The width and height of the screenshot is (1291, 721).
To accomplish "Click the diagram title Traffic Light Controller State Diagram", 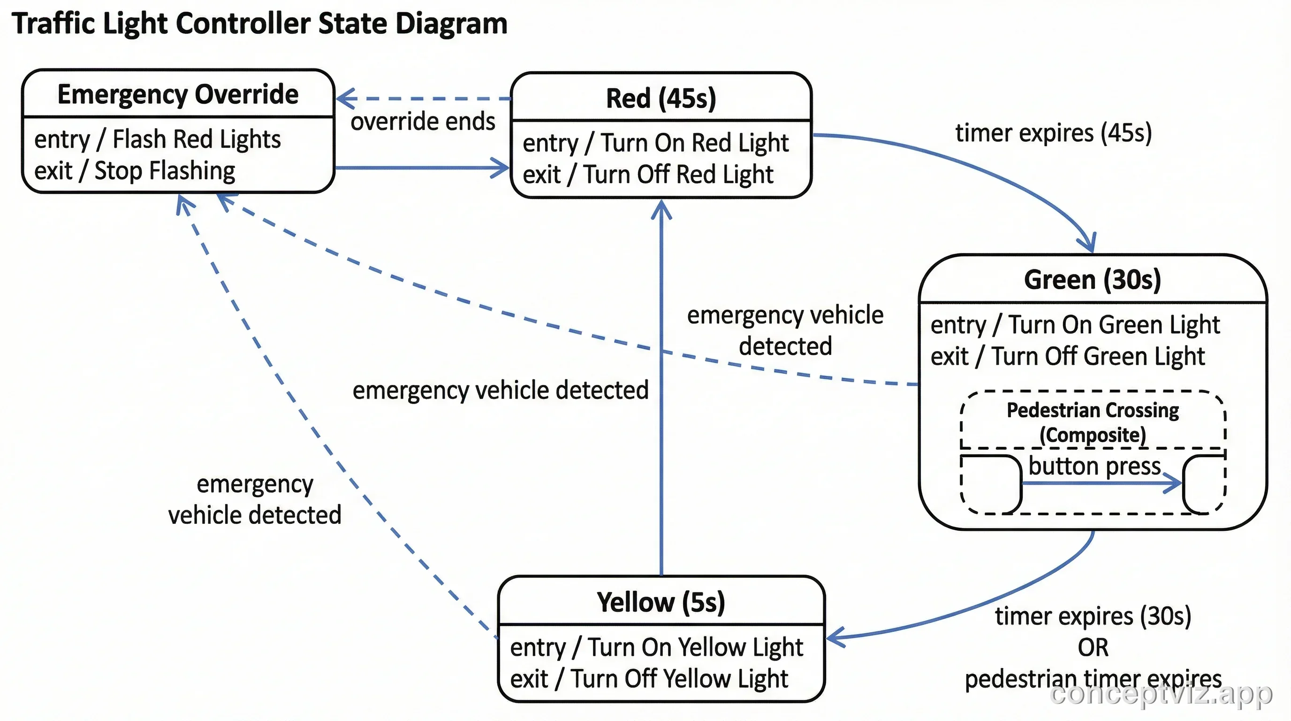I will coord(259,23).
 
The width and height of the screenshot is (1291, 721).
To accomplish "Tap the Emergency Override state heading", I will coord(178,94).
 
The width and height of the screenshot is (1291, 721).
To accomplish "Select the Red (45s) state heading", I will coord(661,98).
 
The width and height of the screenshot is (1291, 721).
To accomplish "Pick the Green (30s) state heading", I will coord(1092,279).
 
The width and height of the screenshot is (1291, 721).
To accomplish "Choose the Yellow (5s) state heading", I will coord(661,602).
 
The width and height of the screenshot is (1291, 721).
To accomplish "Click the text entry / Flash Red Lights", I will coord(157,139).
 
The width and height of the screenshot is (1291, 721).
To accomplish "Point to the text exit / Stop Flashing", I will coord(134,170).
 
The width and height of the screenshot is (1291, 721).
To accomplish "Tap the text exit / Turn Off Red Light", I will coord(647,175).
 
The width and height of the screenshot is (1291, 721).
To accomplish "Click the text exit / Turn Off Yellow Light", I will coord(648,678).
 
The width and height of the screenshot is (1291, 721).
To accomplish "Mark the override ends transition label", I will coord(423,121).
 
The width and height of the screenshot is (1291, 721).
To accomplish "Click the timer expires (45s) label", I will coord(1053,133).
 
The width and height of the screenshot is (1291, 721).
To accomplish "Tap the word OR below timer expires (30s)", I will coord(1093,647).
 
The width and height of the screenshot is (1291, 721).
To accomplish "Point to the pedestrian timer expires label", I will coord(1093,679).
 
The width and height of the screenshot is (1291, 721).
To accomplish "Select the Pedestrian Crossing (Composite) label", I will coord(1093,422).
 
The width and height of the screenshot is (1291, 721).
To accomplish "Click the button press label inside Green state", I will coord(1094,466).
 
